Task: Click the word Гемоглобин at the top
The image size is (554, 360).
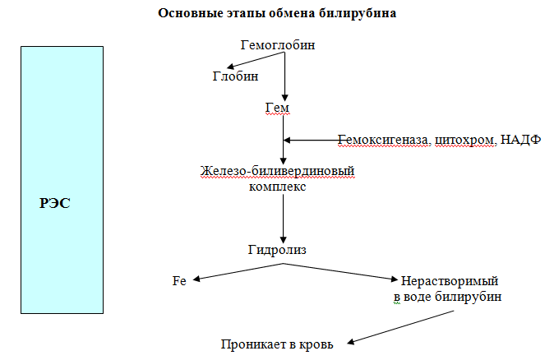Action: point(278,45)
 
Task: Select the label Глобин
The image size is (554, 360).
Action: point(235,76)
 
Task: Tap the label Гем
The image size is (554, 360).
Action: point(277,108)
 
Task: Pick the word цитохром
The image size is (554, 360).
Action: point(465,140)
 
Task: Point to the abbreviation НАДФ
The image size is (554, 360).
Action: point(521,140)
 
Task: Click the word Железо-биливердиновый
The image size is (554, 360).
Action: point(277,171)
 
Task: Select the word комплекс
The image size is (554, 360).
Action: point(277,187)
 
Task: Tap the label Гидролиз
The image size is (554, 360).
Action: point(277,250)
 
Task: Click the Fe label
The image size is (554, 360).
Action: point(179,281)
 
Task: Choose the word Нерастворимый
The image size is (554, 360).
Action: point(450,281)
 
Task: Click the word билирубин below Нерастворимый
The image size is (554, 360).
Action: point(468,297)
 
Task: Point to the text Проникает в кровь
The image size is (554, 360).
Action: point(277,344)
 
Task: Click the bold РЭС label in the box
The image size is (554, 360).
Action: point(55,203)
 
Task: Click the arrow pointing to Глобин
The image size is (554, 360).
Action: point(256,60)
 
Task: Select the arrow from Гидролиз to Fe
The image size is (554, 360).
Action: point(238,272)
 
